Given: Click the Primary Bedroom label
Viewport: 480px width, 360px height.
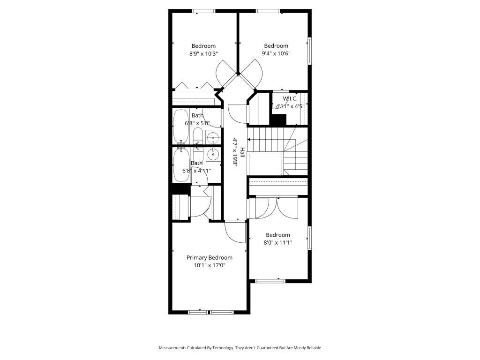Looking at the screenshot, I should pyautogui.click(x=209, y=257).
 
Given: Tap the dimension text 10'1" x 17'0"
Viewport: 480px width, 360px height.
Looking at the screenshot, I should pyautogui.click(x=209, y=265).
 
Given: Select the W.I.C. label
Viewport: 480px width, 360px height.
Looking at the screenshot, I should pyautogui.click(x=290, y=98).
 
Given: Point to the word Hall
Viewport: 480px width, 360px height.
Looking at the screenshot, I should pyautogui.click(x=242, y=153).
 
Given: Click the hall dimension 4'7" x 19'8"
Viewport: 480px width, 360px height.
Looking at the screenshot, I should pyautogui.click(x=235, y=151).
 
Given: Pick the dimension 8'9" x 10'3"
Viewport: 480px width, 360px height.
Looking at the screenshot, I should pyautogui.click(x=203, y=53).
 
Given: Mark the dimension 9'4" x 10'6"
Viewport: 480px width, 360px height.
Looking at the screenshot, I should pyautogui.click(x=276, y=53).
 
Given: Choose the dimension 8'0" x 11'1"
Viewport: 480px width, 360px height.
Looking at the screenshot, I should pyautogui.click(x=278, y=243).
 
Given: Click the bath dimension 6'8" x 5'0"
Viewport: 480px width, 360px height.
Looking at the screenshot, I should pyautogui.click(x=197, y=123).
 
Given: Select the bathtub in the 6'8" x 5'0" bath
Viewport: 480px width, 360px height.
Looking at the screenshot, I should pyautogui.click(x=180, y=127).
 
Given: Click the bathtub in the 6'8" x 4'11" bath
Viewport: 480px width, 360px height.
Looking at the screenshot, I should pyautogui.click(x=180, y=166).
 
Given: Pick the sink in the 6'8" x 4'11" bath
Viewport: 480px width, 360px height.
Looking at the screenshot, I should pyautogui.click(x=214, y=154).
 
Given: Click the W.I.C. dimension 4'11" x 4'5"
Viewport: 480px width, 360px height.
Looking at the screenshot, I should pyautogui.click(x=290, y=106).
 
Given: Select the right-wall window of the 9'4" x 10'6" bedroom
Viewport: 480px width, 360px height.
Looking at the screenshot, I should pyautogui.click(x=309, y=51).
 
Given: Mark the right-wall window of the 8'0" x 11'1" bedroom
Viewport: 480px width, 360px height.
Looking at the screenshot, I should pyautogui.click(x=309, y=238).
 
